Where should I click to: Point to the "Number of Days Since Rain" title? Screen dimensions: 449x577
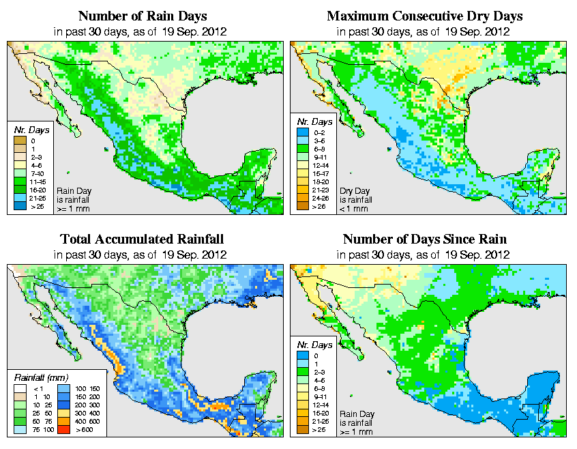click(424, 239)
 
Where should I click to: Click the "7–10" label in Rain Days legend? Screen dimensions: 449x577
click(38, 174)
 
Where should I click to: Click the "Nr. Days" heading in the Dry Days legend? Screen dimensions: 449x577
click(311, 129)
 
